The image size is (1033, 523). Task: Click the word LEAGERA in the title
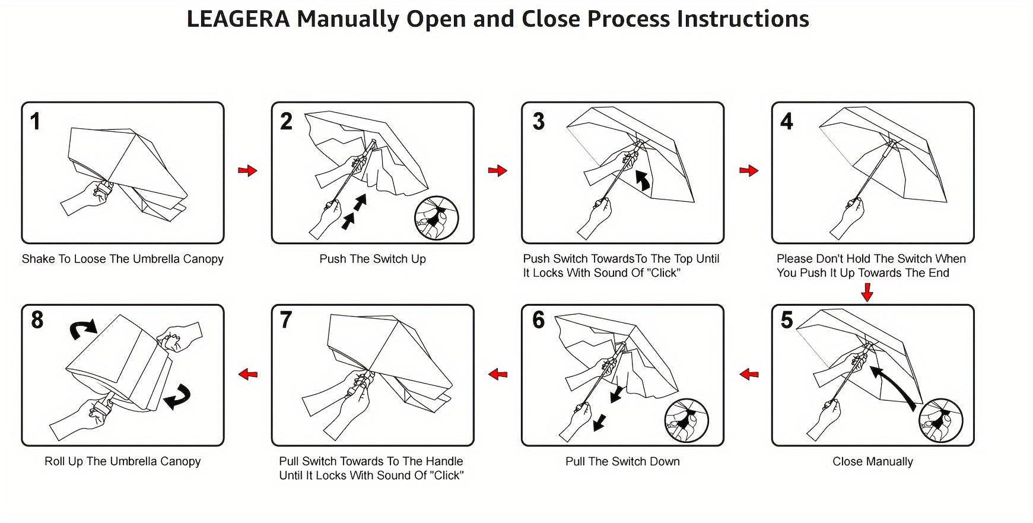tap(238, 19)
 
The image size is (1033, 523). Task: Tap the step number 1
tap(36, 122)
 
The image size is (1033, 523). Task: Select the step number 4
tap(786, 122)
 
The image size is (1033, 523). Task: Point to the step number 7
tap(286, 320)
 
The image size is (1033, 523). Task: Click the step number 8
tap(37, 320)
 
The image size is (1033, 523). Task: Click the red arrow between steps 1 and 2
tap(247, 171)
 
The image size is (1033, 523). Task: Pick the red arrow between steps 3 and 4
tap(749, 171)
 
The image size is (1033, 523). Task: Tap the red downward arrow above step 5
tap(867, 292)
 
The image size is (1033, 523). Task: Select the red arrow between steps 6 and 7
tap(498, 374)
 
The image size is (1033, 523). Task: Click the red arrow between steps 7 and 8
tap(247, 374)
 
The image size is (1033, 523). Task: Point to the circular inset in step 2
tap(437, 217)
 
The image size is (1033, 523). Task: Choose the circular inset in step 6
tap(687, 420)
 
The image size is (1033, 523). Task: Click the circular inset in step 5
tap(940, 420)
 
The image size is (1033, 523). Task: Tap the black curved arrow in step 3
tap(643, 180)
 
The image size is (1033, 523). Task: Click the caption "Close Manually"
tap(872, 462)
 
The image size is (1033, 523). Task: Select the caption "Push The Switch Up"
tap(373, 259)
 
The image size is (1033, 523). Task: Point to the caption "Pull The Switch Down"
tap(622, 462)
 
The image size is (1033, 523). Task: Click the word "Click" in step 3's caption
tap(663, 274)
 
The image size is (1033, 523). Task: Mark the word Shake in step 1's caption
tap(37, 259)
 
